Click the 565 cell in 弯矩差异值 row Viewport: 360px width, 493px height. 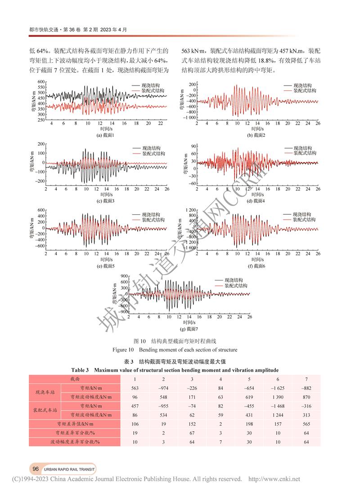(x=306, y=424)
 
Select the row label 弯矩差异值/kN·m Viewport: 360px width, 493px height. (x=75, y=424)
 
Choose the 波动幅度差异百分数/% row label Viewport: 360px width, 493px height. (x=75, y=442)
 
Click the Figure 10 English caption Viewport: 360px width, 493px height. (x=180, y=350)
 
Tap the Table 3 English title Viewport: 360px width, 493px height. (x=180, y=370)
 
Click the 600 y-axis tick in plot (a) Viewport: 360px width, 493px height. (x=40, y=81)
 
